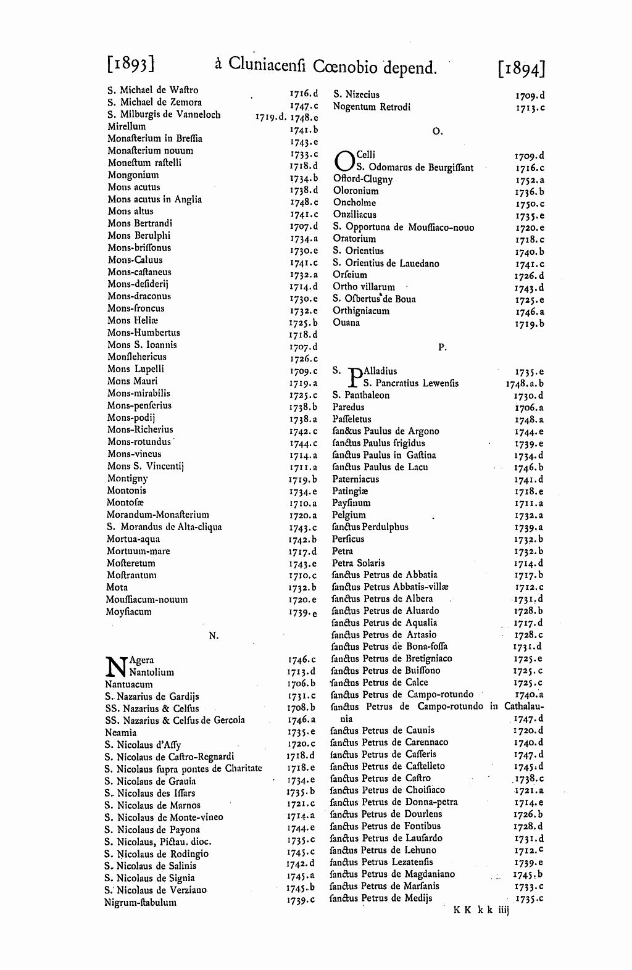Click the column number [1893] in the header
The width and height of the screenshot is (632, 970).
130,64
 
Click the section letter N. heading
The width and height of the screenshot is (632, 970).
214,636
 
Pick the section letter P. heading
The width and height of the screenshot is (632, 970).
442,347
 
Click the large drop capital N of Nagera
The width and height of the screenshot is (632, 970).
116,666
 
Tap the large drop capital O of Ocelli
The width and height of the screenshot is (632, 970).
344,161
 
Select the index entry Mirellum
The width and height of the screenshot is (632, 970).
127,126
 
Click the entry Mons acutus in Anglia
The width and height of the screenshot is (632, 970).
154,199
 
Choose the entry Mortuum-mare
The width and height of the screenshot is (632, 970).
138,551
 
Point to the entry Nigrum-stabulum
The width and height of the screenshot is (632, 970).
141,902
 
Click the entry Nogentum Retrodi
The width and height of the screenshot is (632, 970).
372,107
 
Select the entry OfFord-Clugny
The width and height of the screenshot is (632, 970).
363,179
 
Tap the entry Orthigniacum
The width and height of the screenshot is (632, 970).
361,311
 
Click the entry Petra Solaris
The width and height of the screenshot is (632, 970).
358,563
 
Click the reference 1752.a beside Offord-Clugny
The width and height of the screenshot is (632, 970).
530,180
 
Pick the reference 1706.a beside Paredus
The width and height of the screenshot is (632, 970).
529,408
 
